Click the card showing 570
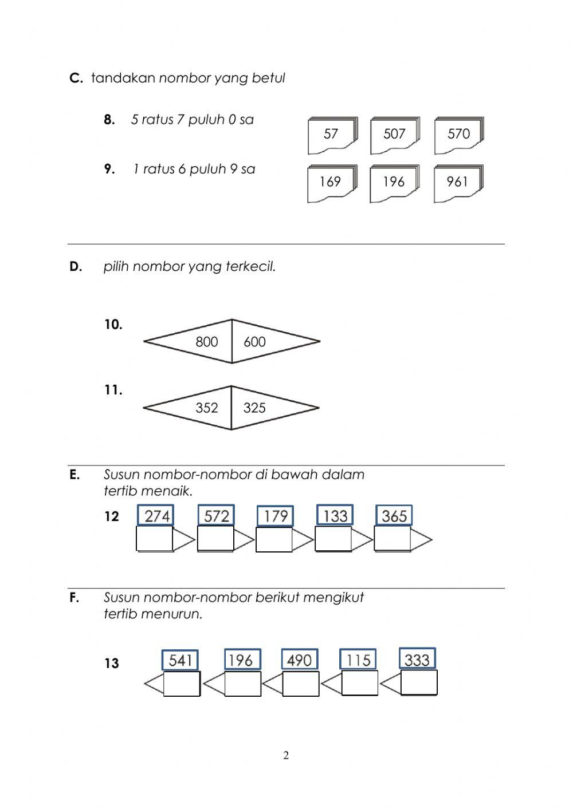click(x=458, y=135)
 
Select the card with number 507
click(x=394, y=135)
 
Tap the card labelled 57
click(x=331, y=135)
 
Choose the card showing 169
click(x=331, y=183)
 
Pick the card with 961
click(x=458, y=183)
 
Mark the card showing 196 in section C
click(x=394, y=183)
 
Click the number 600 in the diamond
click(x=254, y=342)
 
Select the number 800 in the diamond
click(x=207, y=342)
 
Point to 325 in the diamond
click(x=254, y=408)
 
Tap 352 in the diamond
click(x=207, y=408)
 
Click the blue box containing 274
click(x=156, y=516)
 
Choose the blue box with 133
click(x=335, y=516)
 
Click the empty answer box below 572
click(x=215, y=539)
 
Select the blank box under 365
click(x=393, y=539)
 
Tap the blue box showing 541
click(x=180, y=661)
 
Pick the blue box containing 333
click(x=417, y=660)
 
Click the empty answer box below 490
click(x=301, y=684)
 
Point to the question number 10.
click(x=113, y=325)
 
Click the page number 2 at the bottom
click(x=286, y=756)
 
